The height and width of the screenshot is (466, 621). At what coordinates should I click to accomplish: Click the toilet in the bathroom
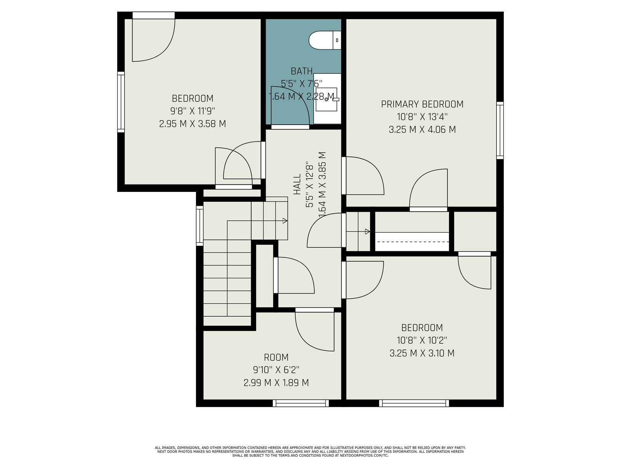[325, 40]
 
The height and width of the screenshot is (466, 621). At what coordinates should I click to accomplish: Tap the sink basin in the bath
[326, 99]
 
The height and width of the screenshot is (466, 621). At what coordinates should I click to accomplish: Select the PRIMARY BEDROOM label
[422, 104]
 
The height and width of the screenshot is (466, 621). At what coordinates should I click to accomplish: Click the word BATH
[302, 71]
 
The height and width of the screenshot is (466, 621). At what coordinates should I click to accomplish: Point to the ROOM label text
[276, 357]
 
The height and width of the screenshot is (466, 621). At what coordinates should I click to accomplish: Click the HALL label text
[297, 184]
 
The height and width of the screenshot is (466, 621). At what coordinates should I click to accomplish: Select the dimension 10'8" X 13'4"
[422, 117]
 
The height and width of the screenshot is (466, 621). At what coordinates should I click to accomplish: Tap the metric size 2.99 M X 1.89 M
[276, 383]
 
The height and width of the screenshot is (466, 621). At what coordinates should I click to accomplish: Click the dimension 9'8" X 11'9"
[193, 111]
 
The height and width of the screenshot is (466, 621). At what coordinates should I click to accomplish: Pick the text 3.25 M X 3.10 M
[422, 353]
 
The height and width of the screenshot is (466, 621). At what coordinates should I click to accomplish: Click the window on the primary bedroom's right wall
[500, 130]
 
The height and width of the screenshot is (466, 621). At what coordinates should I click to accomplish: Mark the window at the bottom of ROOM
[301, 403]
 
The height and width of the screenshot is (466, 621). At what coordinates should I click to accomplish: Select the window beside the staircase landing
[200, 226]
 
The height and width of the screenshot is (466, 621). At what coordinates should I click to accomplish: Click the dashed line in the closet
[413, 242]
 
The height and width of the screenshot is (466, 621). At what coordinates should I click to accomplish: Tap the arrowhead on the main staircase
[285, 221]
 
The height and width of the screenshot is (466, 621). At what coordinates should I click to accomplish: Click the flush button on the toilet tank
[337, 40]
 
